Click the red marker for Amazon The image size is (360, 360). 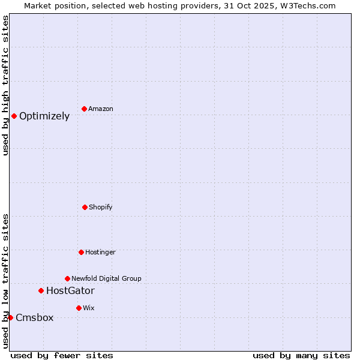(x=84, y=109)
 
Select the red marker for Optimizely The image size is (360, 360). (x=14, y=116)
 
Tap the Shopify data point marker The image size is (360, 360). (x=85, y=207)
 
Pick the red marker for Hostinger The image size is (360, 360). (x=81, y=252)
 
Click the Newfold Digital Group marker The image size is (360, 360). (x=67, y=278)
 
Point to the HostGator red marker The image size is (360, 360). (x=41, y=290)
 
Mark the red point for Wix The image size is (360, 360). (x=79, y=308)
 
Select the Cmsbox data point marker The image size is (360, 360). (x=10, y=317)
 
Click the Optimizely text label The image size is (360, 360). (x=44, y=116)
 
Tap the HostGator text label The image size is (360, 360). (x=70, y=291)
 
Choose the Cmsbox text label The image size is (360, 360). (x=34, y=318)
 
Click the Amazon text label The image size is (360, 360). (x=101, y=109)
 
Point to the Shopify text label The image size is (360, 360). (x=101, y=208)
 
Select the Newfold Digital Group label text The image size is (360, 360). (x=106, y=278)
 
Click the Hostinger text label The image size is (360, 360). (x=100, y=253)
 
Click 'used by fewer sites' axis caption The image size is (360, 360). (x=62, y=355)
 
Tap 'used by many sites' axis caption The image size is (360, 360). (x=301, y=355)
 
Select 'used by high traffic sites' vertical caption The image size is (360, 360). (x=5, y=85)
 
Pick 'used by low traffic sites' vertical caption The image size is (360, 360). (x=5, y=281)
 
